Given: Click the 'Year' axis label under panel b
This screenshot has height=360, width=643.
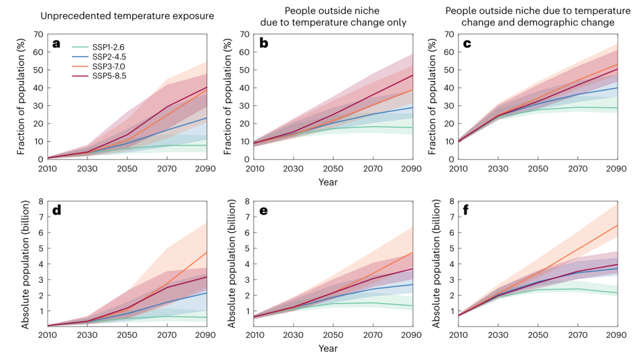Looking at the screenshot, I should click(328, 182).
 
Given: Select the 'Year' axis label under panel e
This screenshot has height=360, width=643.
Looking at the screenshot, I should click(328, 348).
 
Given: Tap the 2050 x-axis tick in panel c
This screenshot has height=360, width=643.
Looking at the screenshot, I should click(538, 169).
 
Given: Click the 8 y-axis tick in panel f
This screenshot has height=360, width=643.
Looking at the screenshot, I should click(449, 201).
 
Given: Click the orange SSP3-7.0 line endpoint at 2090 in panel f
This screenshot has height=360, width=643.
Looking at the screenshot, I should click(617, 226).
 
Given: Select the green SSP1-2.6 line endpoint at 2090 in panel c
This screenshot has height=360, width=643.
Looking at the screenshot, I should click(617, 108).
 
